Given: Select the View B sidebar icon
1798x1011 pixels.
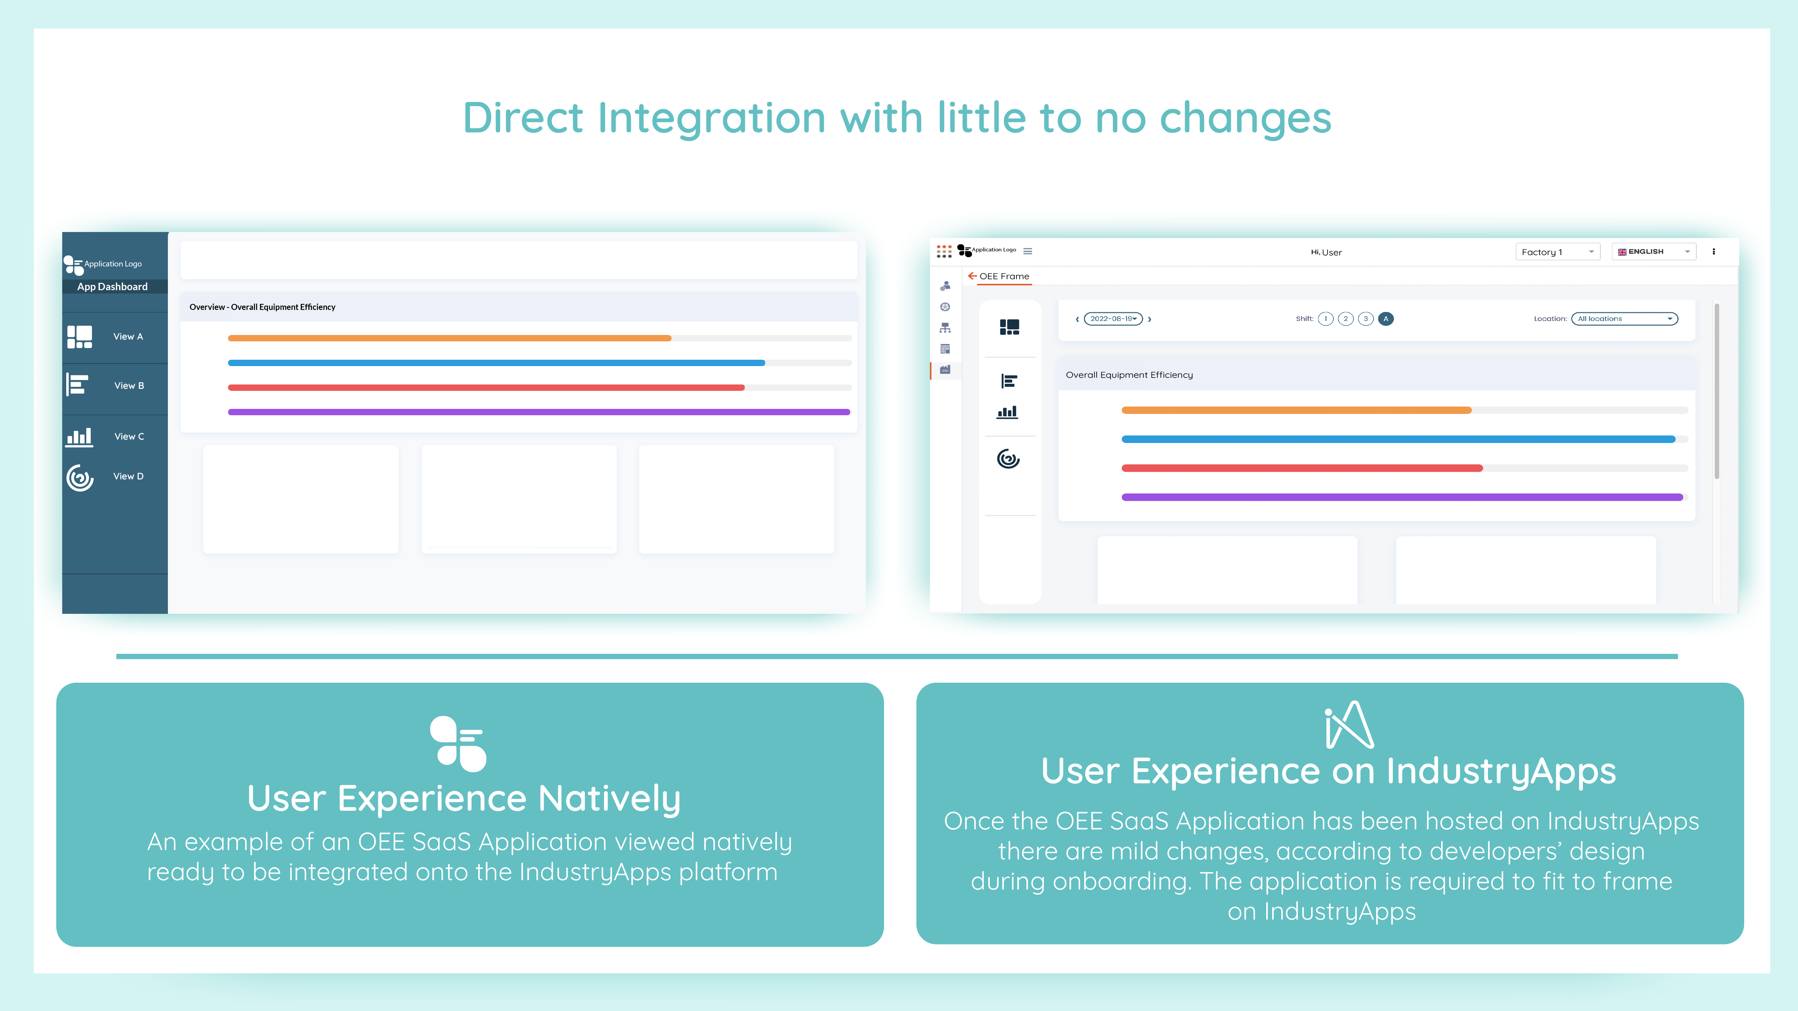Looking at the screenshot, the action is [x=78, y=384].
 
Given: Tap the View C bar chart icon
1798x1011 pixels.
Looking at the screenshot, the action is [x=79, y=437].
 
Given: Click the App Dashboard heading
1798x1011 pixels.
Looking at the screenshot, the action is [x=112, y=287].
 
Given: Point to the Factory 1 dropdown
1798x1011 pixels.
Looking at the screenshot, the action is [x=1557, y=252].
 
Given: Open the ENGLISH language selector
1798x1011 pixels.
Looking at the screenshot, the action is [x=1654, y=252].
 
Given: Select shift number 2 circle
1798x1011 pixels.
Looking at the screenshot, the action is [x=1346, y=319].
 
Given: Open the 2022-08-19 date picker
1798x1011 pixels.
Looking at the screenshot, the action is [x=1113, y=319].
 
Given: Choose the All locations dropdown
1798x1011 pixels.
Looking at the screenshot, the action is [x=1624, y=319].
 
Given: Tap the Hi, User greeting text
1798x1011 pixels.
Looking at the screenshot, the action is [x=1326, y=252].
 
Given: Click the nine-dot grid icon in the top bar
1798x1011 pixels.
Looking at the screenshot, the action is [x=944, y=251].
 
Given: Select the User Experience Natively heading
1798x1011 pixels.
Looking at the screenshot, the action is [x=464, y=799].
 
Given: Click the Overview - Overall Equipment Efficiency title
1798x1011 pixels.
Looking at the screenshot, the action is [x=263, y=307].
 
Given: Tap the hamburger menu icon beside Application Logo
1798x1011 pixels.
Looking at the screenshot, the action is [x=1027, y=251].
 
